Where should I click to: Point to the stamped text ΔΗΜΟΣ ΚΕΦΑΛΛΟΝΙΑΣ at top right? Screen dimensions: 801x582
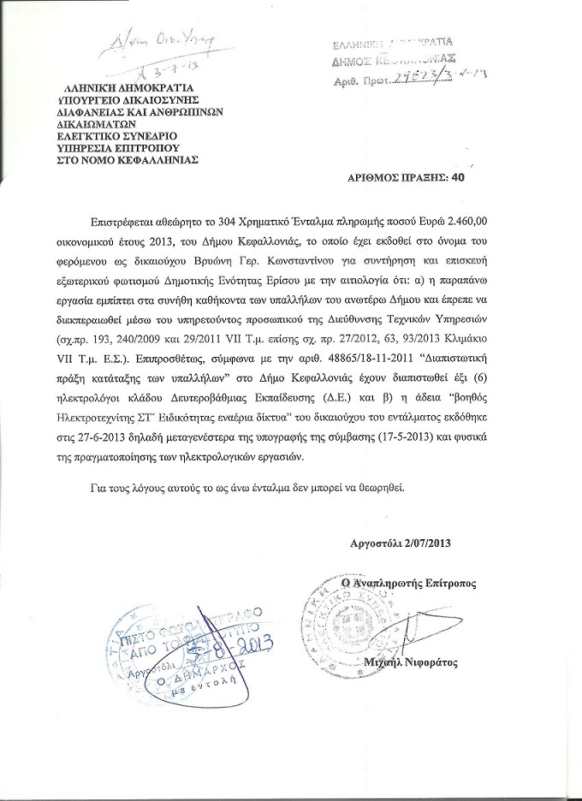[394, 61]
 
